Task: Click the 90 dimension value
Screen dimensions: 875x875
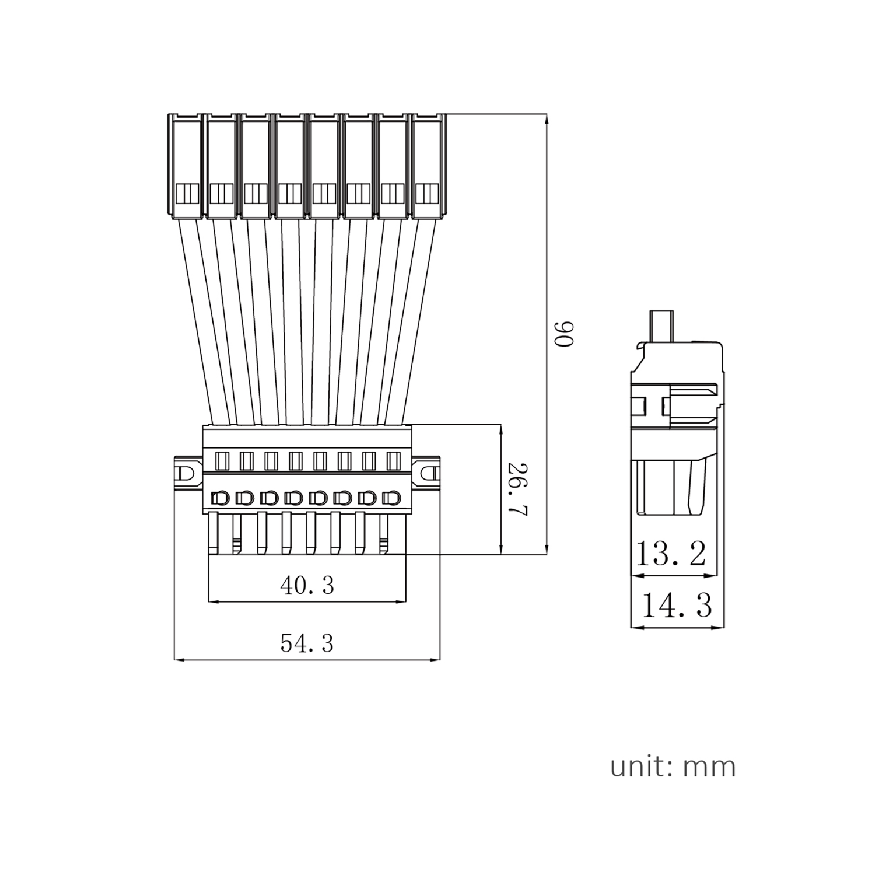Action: pyautogui.click(x=565, y=334)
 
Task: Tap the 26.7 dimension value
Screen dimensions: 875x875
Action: pyautogui.click(x=517, y=490)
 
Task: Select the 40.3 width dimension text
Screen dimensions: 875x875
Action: pyautogui.click(x=307, y=584)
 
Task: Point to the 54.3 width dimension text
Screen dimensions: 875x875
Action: pyautogui.click(x=307, y=643)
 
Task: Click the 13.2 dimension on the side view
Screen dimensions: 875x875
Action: pyautogui.click(x=671, y=554)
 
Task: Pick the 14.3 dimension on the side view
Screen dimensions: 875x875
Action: pyautogui.click(x=677, y=605)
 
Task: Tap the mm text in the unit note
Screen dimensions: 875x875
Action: pyautogui.click(x=709, y=768)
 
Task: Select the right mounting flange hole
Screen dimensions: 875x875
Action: pyautogui.click(x=429, y=473)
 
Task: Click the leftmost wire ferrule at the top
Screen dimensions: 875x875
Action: pyautogui.click(x=187, y=166)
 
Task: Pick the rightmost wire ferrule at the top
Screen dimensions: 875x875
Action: pyautogui.click(x=429, y=166)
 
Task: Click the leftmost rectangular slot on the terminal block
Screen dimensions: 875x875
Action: pyautogui.click(x=222, y=461)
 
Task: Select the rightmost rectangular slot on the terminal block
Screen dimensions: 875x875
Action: pyautogui.click(x=393, y=461)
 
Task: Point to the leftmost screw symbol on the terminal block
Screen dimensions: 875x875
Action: pyautogui.click(x=219, y=498)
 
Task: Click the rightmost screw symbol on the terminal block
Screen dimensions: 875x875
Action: pyautogui.click(x=391, y=498)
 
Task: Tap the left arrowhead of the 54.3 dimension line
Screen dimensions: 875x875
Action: pyautogui.click(x=177, y=660)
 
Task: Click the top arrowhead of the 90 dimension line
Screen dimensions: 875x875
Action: pyautogui.click(x=547, y=118)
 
